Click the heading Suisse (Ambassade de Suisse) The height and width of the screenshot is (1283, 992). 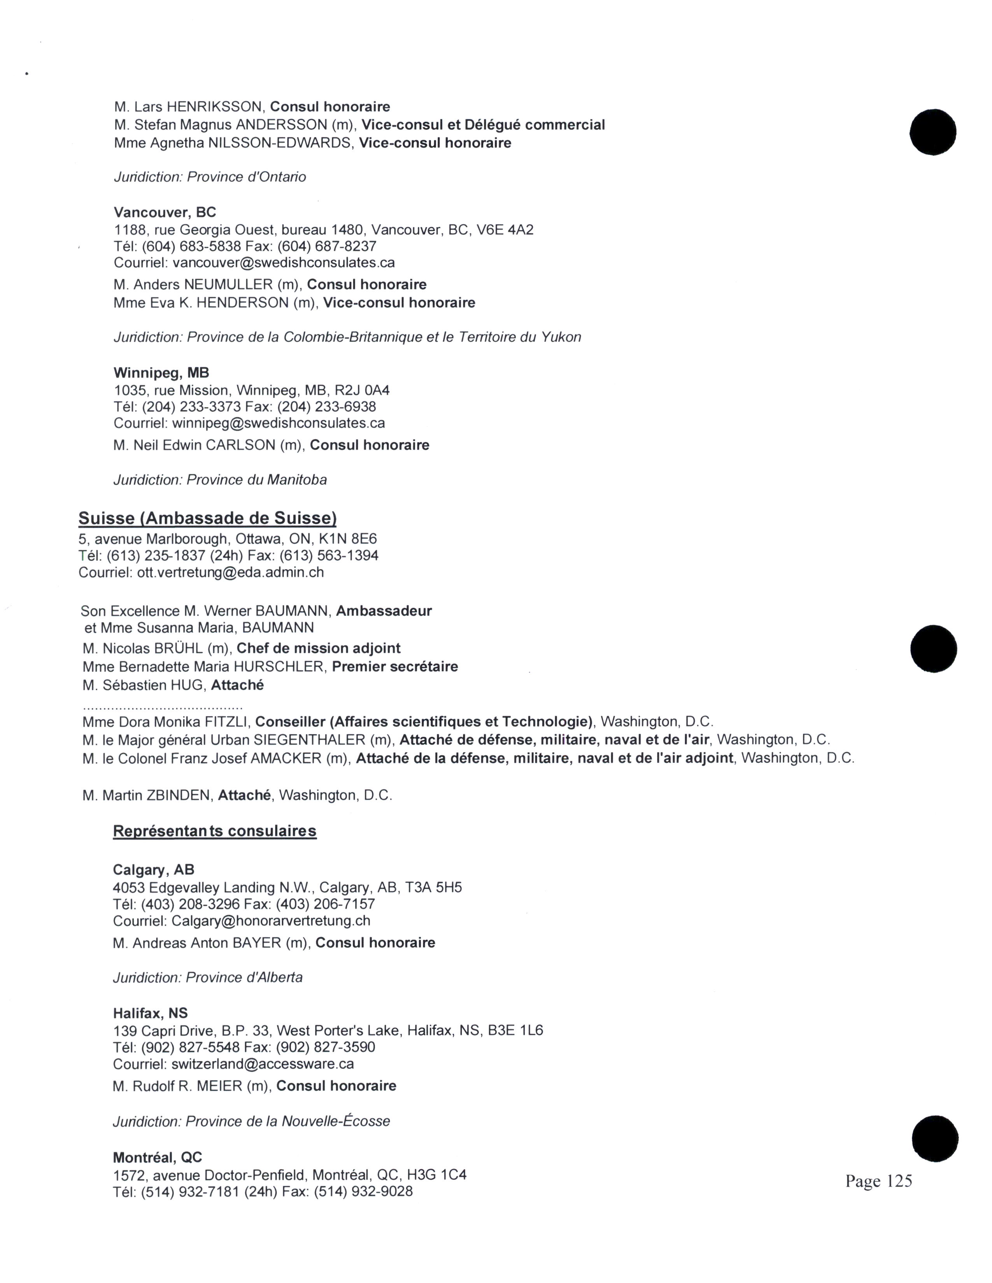click(x=207, y=518)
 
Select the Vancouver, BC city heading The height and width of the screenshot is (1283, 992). click(x=165, y=212)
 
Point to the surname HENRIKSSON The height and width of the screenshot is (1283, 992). click(x=214, y=107)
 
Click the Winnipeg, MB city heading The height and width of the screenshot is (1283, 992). click(x=161, y=372)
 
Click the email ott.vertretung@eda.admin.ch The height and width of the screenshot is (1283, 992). click(x=230, y=572)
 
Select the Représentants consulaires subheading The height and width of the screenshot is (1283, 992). click(x=214, y=831)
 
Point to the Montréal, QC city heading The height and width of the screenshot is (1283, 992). click(x=158, y=1157)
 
